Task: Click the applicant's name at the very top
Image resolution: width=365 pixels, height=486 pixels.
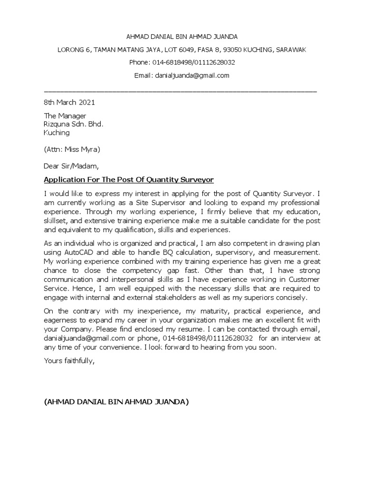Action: (182, 37)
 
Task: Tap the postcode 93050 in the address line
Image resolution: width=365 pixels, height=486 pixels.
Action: (248, 49)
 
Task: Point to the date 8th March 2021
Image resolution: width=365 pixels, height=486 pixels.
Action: (69, 102)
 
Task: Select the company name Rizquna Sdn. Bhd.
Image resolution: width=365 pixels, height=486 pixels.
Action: (73, 124)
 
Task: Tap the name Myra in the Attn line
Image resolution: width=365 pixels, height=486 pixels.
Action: (90, 150)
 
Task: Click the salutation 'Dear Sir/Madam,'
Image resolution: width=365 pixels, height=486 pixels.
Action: (72, 166)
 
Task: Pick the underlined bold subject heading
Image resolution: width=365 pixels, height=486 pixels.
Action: (129, 179)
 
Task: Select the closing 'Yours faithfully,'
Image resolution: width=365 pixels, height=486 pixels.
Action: (69, 361)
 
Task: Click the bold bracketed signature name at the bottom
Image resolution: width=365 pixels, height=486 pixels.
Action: (116, 402)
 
